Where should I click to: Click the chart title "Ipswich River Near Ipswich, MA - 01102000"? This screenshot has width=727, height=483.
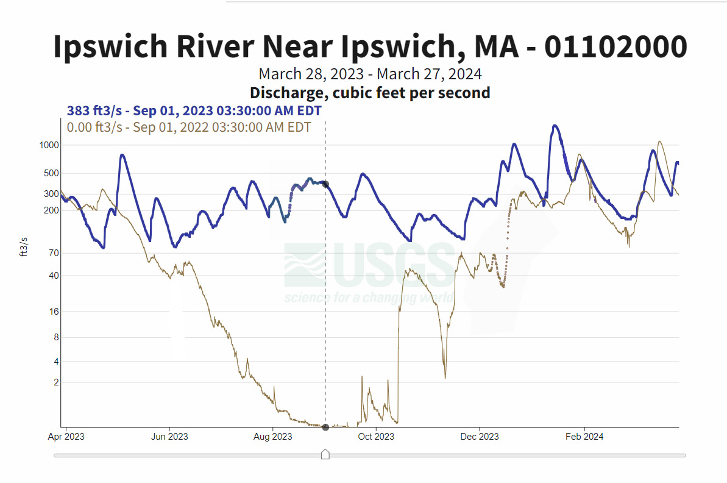370,47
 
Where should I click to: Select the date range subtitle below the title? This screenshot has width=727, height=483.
370,74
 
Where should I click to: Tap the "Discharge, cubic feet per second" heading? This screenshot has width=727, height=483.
370,93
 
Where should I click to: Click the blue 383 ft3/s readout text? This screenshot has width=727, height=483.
194,111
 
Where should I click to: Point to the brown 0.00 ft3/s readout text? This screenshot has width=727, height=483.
189,127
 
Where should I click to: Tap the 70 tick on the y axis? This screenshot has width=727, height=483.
52,253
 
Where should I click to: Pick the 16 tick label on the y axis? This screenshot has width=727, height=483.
52,312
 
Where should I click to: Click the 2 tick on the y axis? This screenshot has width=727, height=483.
55,382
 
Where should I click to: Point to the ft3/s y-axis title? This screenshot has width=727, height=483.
24,247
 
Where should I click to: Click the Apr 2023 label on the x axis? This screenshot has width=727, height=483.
66,437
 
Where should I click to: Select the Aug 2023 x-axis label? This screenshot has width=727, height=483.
272,437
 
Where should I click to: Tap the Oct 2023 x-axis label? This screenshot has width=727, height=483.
376,437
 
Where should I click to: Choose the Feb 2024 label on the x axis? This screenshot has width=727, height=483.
584,437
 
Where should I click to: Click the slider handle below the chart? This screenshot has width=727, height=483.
325,454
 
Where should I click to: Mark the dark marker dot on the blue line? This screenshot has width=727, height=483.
325,184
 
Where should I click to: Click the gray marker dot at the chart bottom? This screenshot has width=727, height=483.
325,427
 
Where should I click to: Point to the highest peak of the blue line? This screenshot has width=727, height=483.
555,126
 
